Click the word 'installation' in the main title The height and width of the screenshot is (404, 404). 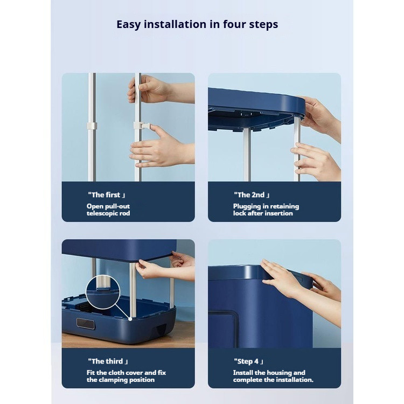(175, 24)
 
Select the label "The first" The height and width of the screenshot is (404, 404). (107, 195)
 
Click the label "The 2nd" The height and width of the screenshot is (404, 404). (252, 195)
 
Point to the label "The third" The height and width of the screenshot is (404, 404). (108, 361)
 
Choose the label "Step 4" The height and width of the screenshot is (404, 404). (248, 361)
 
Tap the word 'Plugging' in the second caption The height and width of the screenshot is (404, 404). (247, 207)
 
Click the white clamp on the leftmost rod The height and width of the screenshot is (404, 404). (92, 126)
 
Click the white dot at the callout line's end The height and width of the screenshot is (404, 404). (130, 319)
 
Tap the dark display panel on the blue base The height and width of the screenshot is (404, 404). (86, 324)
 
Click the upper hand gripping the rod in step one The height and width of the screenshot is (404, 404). (152, 89)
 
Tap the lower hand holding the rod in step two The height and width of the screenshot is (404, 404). (316, 161)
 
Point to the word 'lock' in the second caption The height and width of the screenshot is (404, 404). (239, 213)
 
